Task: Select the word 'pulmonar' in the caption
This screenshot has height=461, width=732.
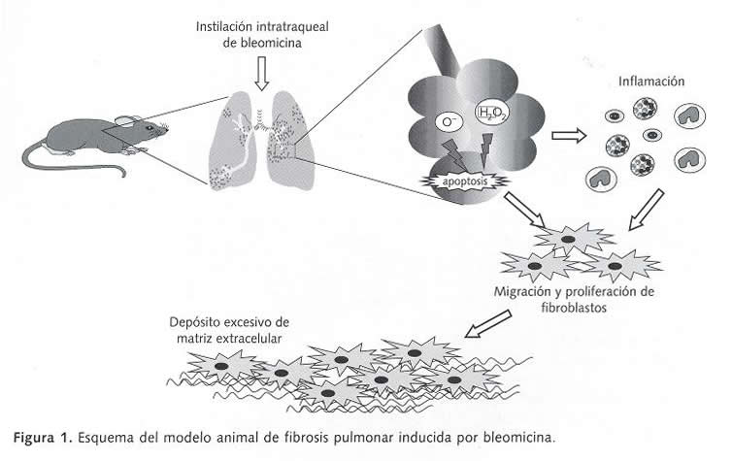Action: pyautogui.click(x=368, y=436)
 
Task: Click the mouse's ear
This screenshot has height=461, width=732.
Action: pyautogui.click(x=124, y=119)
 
